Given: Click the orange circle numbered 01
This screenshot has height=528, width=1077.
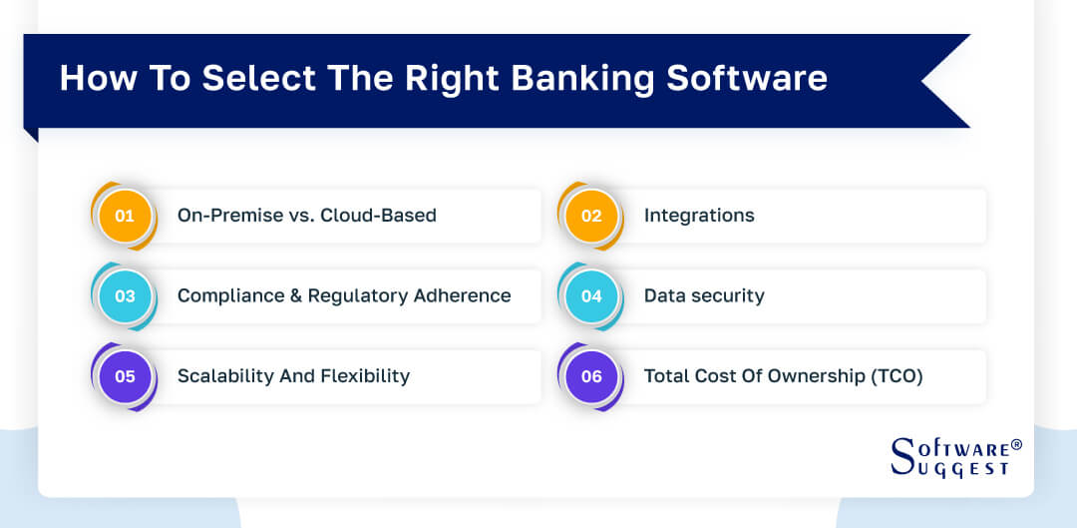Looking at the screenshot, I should (x=125, y=216).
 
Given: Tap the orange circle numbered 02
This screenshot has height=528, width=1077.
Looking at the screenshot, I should (x=591, y=216).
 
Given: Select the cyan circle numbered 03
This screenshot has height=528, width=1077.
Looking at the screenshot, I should (x=125, y=296).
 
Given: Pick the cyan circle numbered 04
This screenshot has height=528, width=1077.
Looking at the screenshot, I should (x=591, y=296).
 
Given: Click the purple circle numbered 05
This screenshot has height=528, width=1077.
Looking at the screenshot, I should (x=125, y=376).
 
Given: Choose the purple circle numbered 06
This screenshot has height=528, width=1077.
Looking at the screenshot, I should (x=591, y=376).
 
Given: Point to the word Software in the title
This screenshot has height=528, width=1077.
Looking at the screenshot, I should (x=747, y=79).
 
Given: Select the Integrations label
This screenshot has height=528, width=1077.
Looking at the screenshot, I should (x=699, y=216).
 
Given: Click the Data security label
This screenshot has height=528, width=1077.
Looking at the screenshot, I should (x=704, y=296).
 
